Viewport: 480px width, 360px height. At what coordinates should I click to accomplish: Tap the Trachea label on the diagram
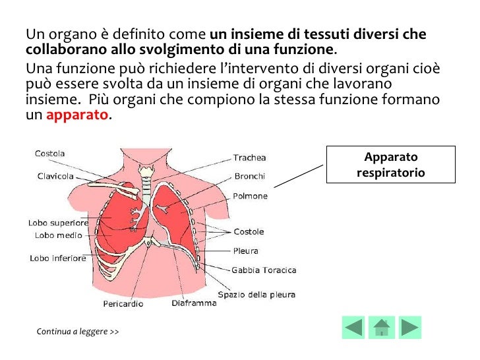pos(249,158)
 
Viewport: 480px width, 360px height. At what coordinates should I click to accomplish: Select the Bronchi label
pos(249,176)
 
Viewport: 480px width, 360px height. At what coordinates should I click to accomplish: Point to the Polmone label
pos(250,196)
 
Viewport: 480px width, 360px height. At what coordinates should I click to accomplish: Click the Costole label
pos(249,231)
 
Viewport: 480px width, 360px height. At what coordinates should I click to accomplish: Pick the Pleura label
pos(246,251)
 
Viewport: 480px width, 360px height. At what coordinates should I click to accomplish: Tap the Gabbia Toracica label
pos(264,270)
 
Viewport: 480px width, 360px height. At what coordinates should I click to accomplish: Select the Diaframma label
pos(194,304)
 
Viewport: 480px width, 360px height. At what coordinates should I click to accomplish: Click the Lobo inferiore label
pos(58,258)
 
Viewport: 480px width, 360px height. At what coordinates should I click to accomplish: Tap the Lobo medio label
pos(58,235)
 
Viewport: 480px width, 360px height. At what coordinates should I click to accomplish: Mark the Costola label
pos(50,154)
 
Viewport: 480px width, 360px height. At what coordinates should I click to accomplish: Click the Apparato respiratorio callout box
pos(391,165)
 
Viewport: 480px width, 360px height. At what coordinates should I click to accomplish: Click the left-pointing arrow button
pos(353,328)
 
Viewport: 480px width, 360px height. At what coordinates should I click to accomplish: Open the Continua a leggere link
pos(78,331)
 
